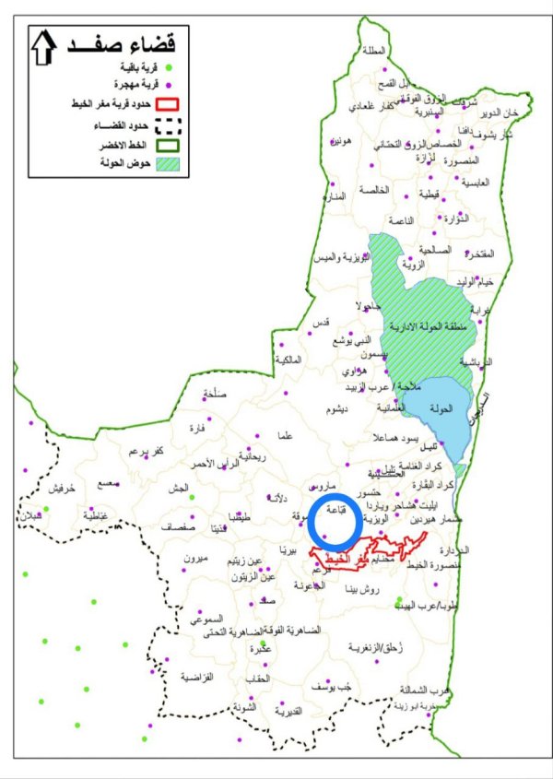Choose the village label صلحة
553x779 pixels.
point(214,394)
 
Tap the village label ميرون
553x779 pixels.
point(197,560)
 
